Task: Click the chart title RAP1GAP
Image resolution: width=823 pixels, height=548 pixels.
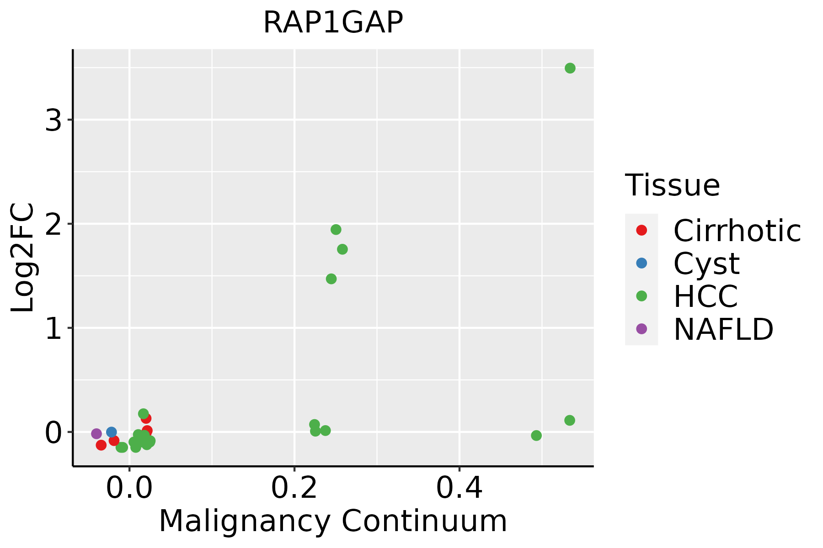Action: pyautogui.click(x=333, y=22)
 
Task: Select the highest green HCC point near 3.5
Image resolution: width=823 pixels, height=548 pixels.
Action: pyautogui.click(x=570, y=68)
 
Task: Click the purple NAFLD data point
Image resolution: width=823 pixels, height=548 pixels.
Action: pyautogui.click(x=96, y=433)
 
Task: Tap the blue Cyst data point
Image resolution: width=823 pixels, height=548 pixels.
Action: pyautogui.click(x=112, y=432)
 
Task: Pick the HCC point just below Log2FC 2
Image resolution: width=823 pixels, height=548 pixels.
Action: pyautogui.click(x=336, y=229)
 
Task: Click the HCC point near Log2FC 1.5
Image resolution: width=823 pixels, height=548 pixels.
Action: pyautogui.click(x=331, y=279)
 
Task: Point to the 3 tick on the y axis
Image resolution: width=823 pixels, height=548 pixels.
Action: pyautogui.click(x=53, y=121)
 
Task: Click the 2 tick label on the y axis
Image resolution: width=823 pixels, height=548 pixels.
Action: pyautogui.click(x=53, y=224)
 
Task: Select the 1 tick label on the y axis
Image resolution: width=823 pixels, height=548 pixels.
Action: pyautogui.click(x=53, y=328)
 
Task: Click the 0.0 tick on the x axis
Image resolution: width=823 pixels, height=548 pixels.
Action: pyautogui.click(x=130, y=488)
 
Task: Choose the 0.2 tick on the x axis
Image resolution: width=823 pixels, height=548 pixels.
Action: pyautogui.click(x=294, y=488)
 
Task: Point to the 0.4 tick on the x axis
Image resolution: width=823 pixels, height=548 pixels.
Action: pyautogui.click(x=459, y=488)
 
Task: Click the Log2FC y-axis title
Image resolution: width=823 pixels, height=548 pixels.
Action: pyautogui.click(x=23, y=258)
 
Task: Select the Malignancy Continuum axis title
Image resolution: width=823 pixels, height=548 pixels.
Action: pyautogui.click(x=333, y=521)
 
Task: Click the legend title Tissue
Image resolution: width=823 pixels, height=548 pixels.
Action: pyautogui.click(x=672, y=185)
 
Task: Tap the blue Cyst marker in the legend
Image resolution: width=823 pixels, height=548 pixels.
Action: pyautogui.click(x=641, y=263)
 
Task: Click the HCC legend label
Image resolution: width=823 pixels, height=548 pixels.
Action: pyautogui.click(x=705, y=296)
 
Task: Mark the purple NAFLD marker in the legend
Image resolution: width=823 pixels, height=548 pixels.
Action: pyautogui.click(x=641, y=329)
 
